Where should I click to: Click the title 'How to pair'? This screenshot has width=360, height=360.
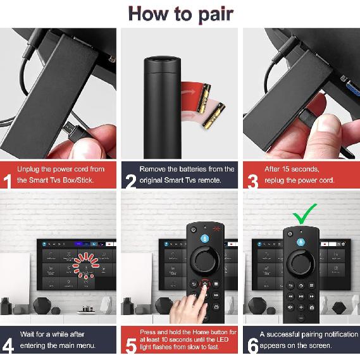[180, 13]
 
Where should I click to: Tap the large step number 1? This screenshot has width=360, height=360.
[8, 181]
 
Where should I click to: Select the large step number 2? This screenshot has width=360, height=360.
[130, 181]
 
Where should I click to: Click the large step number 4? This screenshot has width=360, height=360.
[8, 345]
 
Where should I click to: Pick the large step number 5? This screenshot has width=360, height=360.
[130, 345]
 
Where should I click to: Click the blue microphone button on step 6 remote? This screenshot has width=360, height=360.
[302, 233]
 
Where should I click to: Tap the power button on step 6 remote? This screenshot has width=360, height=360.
[290, 233]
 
